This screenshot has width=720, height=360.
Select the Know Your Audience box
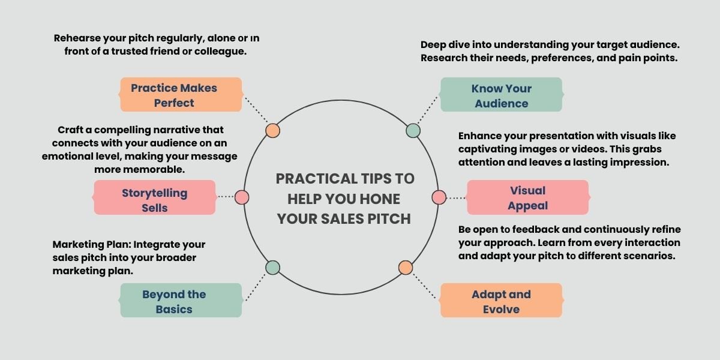(501, 95)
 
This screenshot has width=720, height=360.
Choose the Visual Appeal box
(527, 197)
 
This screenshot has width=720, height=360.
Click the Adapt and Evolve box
(501, 301)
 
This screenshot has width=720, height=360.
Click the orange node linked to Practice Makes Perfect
(273, 130)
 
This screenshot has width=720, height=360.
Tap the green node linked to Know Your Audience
(413, 130)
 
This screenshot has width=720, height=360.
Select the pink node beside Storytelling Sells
(242, 197)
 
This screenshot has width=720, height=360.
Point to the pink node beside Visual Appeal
(439, 197)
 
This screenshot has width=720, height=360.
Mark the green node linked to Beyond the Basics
(273, 268)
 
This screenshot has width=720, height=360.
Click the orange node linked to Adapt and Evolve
(406, 268)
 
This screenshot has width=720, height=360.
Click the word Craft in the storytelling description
(71, 130)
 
